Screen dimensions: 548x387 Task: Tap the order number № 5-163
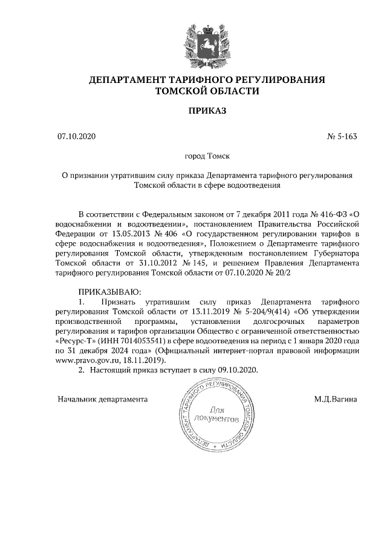(x=343, y=136)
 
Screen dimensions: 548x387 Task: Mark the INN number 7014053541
(x=126, y=341)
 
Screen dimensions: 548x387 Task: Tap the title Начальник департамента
(x=103, y=400)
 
